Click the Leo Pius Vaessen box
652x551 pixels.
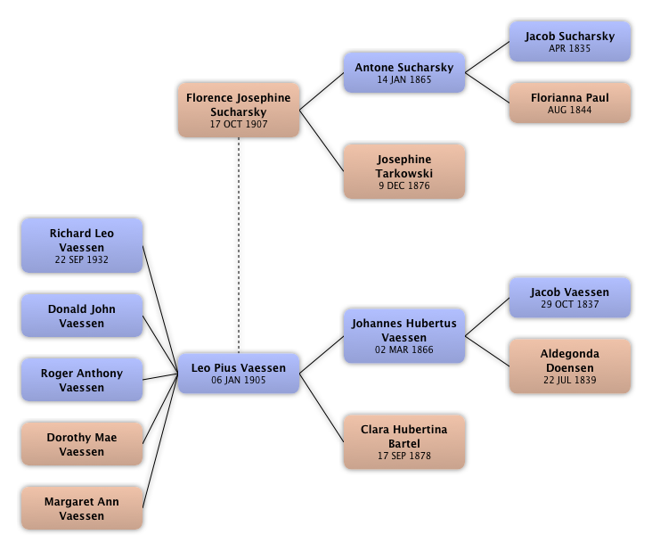(238, 374)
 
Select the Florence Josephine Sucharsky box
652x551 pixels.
(238, 110)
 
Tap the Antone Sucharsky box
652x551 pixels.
(403, 72)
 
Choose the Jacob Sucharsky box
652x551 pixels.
(569, 42)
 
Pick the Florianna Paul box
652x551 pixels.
(569, 103)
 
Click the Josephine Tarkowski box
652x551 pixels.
(403, 172)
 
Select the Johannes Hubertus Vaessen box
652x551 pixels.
(403, 336)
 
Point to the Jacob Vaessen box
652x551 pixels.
(569, 298)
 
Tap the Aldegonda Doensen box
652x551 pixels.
(569, 366)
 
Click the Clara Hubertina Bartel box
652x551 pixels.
(403, 441)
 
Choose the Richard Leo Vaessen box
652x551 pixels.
(82, 246)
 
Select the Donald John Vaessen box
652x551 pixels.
(82, 316)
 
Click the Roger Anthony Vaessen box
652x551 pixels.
(82, 380)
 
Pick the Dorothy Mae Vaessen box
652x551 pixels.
(82, 444)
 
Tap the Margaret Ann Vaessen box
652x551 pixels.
(82, 508)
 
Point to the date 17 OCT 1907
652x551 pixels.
(238, 125)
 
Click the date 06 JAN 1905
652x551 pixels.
(238, 381)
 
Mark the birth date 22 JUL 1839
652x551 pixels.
(569, 380)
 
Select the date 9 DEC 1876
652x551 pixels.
(403, 186)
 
